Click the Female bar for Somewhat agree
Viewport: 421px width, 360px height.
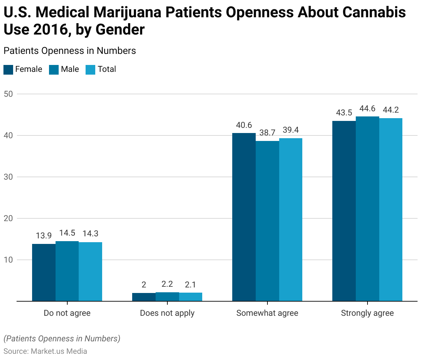pyautogui.click(x=244, y=217)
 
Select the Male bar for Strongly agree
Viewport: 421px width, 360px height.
pyautogui.click(x=368, y=209)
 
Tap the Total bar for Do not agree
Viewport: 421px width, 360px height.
pyautogui.click(x=90, y=272)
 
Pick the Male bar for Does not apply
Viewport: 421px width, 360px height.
pyautogui.click(x=167, y=297)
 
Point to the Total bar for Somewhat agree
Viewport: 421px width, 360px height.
pyautogui.click(x=291, y=220)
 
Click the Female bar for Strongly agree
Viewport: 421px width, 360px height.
pyautogui.click(x=344, y=211)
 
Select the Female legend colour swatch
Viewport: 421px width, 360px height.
pyautogui.click(x=8, y=69)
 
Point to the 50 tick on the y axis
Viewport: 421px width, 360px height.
pyautogui.click(x=8, y=94)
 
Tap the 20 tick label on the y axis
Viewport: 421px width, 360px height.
pyautogui.click(x=8, y=218)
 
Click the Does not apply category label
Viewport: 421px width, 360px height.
pyautogui.click(x=167, y=313)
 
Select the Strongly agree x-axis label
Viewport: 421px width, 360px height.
pyautogui.click(x=367, y=313)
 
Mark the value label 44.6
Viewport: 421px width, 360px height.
pyautogui.click(x=367, y=109)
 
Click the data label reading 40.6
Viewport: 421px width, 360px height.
pyautogui.click(x=244, y=125)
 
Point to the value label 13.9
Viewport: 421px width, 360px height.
pyautogui.click(x=44, y=236)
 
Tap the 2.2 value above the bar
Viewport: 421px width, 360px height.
pyautogui.click(x=167, y=284)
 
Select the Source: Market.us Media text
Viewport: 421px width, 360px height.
pyautogui.click(x=45, y=351)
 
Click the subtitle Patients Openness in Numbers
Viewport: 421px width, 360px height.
pyautogui.click(x=70, y=51)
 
